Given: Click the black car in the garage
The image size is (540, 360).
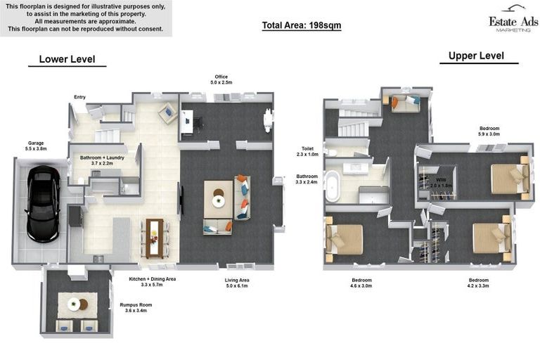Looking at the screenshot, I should (x=42, y=204).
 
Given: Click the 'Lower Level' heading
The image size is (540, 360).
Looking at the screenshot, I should (x=67, y=59).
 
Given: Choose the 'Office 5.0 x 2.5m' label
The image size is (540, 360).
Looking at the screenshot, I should (x=221, y=79).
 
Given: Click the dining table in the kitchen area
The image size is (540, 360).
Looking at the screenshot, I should (x=155, y=238).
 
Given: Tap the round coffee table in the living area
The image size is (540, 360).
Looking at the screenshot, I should (x=219, y=201).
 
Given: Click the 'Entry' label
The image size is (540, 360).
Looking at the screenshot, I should (x=79, y=97).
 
